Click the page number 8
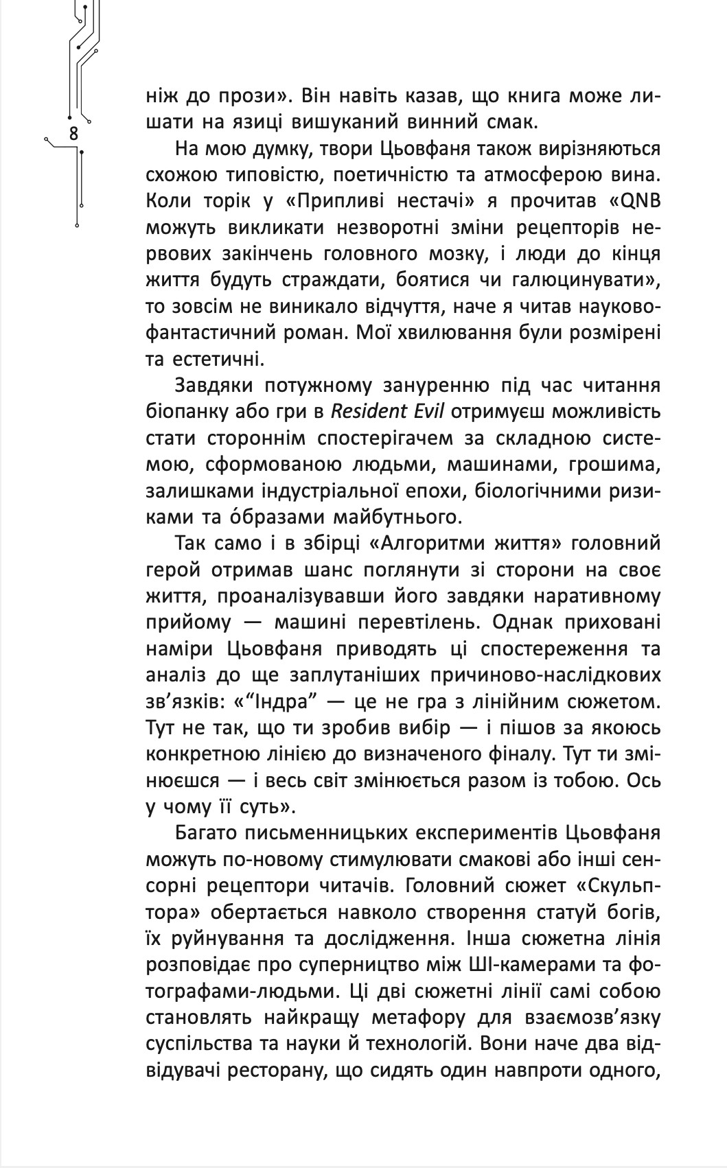tap(74, 133)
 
